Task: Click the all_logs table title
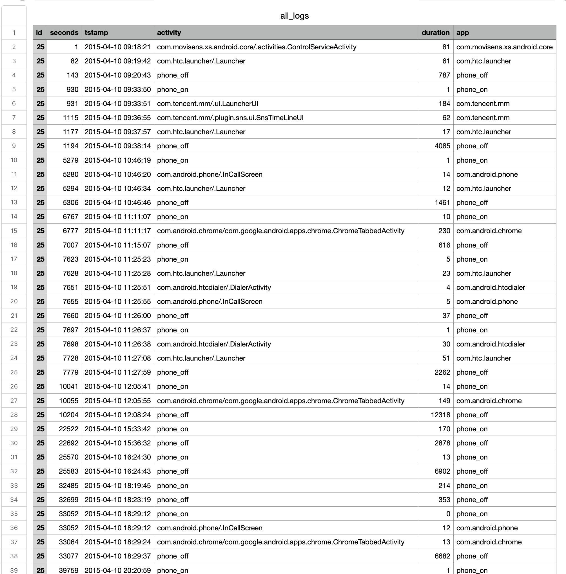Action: point(295,16)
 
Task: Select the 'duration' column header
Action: point(435,33)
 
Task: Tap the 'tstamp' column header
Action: point(97,33)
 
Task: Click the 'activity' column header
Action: point(169,33)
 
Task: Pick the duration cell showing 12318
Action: point(440,415)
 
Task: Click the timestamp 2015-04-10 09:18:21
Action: point(117,47)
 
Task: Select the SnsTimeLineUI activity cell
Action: point(230,118)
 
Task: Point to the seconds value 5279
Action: point(70,160)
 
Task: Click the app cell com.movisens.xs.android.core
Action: point(504,47)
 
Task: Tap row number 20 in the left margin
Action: point(14,301)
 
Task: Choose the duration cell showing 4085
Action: point(442,146)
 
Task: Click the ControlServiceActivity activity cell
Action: point(257,47)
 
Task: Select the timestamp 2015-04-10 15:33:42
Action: point(117,429)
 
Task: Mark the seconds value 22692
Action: point(68,443)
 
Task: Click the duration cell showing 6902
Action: point(442,471)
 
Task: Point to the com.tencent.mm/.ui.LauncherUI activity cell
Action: point(208,103)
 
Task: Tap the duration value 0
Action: point(448,514)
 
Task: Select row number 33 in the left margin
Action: point(14,485)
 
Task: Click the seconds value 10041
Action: point(68,386)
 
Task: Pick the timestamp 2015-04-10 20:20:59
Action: point(117,570)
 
